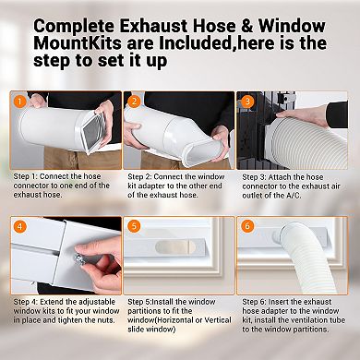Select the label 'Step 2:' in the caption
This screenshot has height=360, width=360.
pos(144,177)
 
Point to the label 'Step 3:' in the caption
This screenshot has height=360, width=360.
pos(258,177)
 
